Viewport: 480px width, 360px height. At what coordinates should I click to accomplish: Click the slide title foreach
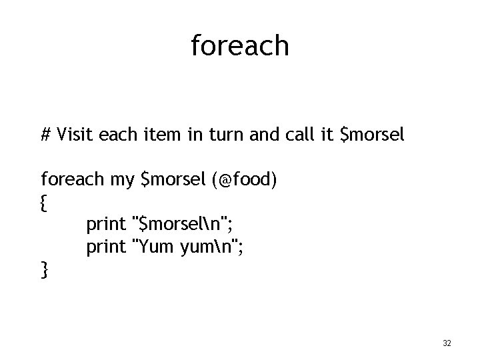[x=240, y=46]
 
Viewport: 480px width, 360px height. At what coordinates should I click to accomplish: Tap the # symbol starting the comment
[x=46, y=136]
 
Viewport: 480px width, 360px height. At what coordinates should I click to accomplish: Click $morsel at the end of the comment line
[x=372, y=137]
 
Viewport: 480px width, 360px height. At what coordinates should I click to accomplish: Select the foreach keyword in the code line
[x=72, y=180]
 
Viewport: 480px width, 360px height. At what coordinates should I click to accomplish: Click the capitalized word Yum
[x=155, y=247]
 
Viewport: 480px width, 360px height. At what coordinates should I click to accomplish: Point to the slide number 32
[x=447, y=343]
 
